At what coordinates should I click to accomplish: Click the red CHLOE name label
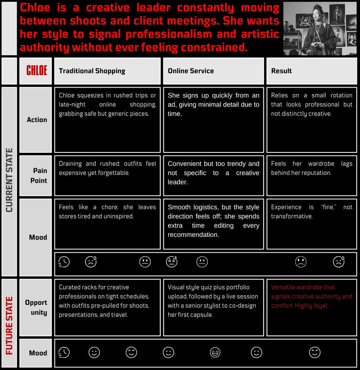[x=36, y=71]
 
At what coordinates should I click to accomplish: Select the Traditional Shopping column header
[x=92, y=71]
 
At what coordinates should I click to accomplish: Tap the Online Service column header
[x=191, y=71]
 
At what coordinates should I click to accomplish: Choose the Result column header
[x=282, y=71]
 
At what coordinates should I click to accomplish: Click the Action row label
[x=37, y=120]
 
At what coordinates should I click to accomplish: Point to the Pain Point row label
[x=40, y=175]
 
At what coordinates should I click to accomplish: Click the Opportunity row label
[x=36, y=308]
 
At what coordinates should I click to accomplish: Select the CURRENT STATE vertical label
[x=9, y=180]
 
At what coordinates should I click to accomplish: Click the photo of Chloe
[x=320, y=28]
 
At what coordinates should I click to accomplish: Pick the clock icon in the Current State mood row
[x=64, y=262]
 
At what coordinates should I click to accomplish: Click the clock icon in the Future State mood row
[x=64, y=352]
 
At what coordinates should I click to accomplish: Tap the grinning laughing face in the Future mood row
[x=215, y=352]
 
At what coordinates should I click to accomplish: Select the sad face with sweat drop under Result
[x=338, y=262]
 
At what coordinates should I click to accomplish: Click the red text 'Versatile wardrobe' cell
[x=311, y=296]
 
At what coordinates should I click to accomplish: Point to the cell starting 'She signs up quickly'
[x=213, y=104]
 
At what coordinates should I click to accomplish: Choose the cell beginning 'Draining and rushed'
[x=107, y=168]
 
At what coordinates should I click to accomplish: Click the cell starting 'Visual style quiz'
[x=213, y=301]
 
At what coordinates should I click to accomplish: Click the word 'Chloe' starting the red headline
[x=36, y=8]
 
